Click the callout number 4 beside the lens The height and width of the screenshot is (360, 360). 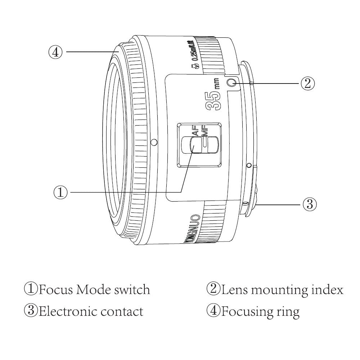(55, 52)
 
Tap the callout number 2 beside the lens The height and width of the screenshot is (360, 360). (307, 84)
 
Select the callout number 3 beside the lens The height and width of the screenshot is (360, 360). (309, 204)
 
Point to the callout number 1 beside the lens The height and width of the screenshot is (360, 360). (60, 192)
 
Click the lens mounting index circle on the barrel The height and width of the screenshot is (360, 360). (233, 83)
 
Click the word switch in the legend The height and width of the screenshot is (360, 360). (132, 289)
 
